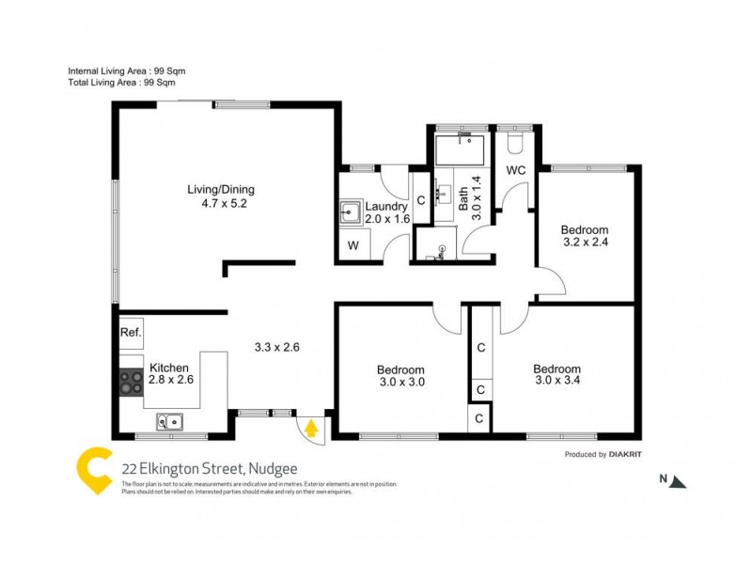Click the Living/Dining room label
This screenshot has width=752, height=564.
click(219, 196)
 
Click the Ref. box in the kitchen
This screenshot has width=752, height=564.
click(130, 333)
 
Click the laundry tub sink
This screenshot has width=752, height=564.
click(350, 212)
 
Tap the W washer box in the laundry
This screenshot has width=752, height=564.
click(353, 246)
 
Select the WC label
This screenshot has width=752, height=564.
click(515, 170)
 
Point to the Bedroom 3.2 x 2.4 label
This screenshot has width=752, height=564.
click(584, 236)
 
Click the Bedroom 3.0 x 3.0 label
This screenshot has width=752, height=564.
click(400, 376)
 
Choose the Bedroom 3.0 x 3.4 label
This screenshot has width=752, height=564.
click(556, 375)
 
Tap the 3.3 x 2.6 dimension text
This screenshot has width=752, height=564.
click(276, 347)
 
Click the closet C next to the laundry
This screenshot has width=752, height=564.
click(421, 200)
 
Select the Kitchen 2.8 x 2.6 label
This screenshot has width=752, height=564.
click(170, 374)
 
